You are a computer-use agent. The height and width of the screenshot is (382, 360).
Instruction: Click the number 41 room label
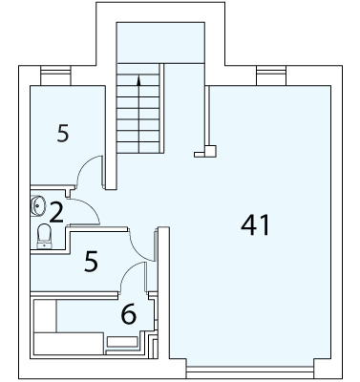255,224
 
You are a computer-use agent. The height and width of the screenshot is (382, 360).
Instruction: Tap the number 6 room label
129,314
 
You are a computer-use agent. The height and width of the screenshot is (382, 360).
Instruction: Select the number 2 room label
56,212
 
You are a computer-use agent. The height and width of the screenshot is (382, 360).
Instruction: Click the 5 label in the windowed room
63,133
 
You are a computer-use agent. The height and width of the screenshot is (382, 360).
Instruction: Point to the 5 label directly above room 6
91,261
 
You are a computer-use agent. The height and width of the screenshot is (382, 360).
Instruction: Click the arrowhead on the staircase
138,81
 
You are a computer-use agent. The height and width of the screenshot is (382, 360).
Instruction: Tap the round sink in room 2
38,205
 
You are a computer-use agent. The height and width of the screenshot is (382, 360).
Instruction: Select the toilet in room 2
44,236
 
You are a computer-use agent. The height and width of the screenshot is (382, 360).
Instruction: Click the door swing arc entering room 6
128,270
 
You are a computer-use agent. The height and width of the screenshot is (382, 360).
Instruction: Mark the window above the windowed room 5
55,75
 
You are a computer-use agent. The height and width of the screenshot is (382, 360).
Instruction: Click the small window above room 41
271,75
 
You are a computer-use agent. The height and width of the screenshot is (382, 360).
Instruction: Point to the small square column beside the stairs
210,151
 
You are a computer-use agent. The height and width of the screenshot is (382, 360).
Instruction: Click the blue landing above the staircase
160,43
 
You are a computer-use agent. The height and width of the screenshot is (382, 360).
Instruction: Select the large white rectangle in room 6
69,344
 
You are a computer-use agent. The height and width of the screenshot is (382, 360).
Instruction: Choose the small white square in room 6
45,316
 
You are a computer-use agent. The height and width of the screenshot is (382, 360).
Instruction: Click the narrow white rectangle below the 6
122,342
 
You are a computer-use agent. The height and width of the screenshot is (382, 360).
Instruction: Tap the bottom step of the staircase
138,147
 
